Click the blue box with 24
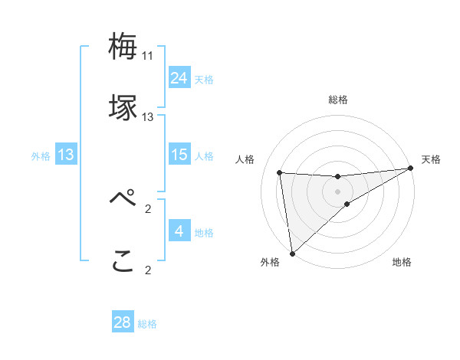(179, 78)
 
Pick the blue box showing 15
(179, 155)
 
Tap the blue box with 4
(179, 231)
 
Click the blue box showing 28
(123, 322)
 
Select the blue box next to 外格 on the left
(66, 155)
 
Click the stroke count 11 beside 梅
(148, 56)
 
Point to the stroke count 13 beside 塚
(148, 117)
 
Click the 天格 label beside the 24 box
(204, 79)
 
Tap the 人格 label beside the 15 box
(204, 155)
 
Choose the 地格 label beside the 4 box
(204, 232)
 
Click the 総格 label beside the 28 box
(147, 323)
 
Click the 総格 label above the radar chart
(337, 100)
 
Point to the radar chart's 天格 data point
(410, 169)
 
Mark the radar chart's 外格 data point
(291, 253)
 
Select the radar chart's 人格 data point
(280, 172)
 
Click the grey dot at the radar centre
(337, 191)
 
